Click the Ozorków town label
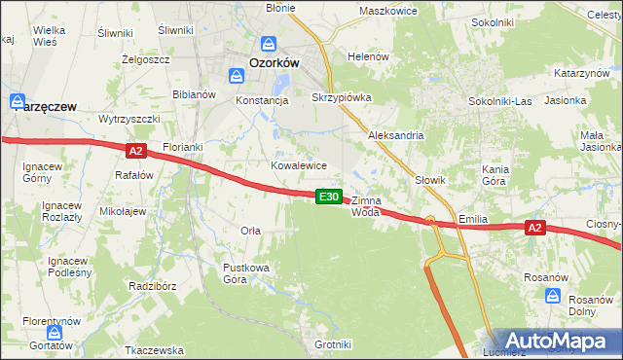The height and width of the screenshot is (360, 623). (273, 61)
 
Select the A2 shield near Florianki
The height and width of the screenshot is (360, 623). (135, 150)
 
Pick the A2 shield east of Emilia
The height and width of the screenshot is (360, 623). (533, 228)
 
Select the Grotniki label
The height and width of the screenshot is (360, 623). (333, 344)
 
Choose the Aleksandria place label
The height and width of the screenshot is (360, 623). (395, 135)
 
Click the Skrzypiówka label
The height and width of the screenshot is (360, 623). (335, 98)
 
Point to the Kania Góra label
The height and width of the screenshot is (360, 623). (495, 175)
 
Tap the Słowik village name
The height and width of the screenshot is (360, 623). (429, 180)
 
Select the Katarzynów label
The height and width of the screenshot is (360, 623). (581, 73)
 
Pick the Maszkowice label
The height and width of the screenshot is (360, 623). (387, 11)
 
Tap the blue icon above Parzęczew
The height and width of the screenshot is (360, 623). (18, 100)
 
